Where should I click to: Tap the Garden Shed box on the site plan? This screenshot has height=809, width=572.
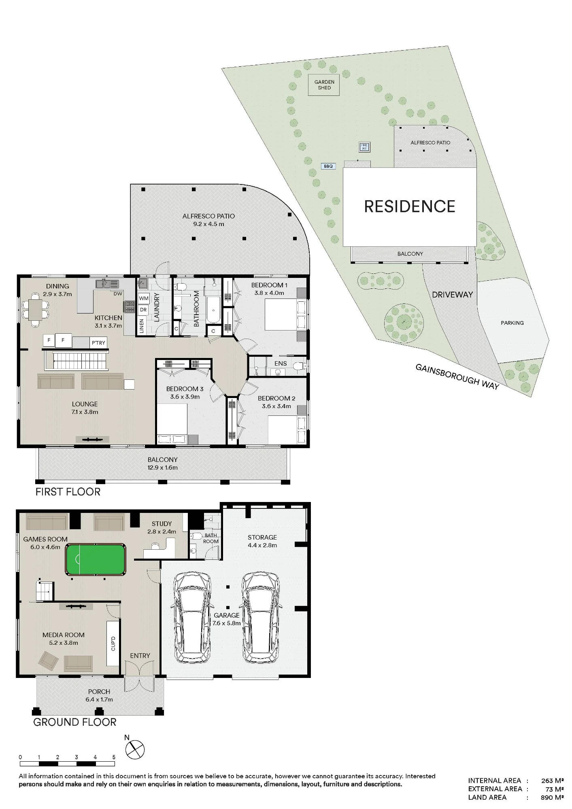click(324, 85)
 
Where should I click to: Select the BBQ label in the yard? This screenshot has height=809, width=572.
click(328, 166)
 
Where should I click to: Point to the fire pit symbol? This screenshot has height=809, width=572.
click(364, 147)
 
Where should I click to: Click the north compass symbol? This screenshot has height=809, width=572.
click(135, 750)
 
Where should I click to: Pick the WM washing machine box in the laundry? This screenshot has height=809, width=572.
click(144, 299)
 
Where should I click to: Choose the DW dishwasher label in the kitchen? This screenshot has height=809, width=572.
click(118, 294)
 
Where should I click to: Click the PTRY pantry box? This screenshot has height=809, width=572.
click(98, 343)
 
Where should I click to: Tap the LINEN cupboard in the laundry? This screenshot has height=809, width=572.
click(141, 326)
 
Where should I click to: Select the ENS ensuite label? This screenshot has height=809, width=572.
click(281, 364)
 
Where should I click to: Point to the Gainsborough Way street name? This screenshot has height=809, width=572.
click(457, 377)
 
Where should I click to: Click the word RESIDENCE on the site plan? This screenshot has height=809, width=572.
click(410, 207)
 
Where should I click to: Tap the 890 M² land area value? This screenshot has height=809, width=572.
click(553, 797)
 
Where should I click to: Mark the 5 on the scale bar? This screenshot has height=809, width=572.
click(114, 757)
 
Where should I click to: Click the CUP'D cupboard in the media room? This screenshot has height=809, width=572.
click(113, 643)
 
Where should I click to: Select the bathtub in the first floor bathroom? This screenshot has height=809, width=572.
click(213, 310)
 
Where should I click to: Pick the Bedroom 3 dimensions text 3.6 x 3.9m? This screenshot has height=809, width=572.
click(185, 397)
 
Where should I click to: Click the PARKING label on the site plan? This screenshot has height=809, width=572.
click(512, 323)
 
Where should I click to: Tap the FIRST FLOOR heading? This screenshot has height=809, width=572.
click(68, 492)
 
